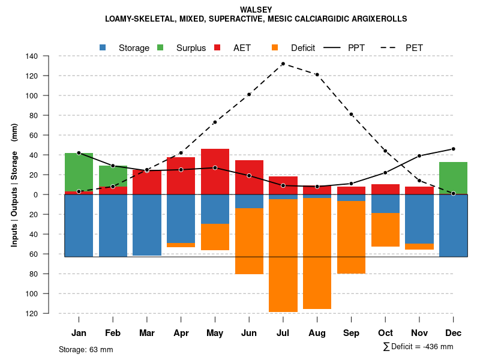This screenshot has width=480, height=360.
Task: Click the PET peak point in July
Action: pos(283,64)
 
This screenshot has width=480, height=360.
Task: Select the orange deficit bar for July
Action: pos(283,255)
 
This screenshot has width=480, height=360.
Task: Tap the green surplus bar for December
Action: pos(453,178)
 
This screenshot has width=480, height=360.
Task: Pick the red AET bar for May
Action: pos(215,172)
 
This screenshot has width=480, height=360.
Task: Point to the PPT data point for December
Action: pos(453,149)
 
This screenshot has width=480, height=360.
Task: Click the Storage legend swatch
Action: pos(103,47)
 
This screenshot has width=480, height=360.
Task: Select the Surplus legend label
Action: pos(191,48)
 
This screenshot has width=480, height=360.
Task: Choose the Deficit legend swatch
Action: pos(275,47)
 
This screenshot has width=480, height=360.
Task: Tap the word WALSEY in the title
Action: pos(256,10)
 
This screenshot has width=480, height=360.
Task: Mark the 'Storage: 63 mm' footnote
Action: pos(86,349)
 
